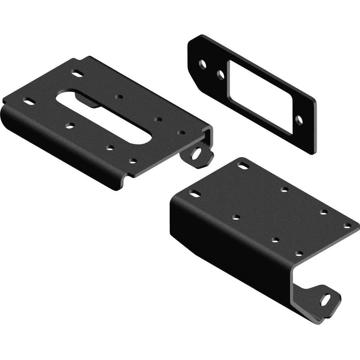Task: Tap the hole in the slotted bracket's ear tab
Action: (x=197, y=153)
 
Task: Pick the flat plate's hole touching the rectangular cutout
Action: (x=220, y=73)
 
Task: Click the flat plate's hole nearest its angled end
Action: (x=203, y=64)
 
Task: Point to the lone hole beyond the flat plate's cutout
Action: (x=298, y=119)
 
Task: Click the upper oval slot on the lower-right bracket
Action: (x=243, y=166)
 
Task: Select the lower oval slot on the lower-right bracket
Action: (x=195, y=194)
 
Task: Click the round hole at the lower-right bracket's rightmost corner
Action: (x=347, y=226)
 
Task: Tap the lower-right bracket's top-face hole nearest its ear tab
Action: (x=299, y=255)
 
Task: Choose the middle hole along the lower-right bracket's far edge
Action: (x=284, y=189)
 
